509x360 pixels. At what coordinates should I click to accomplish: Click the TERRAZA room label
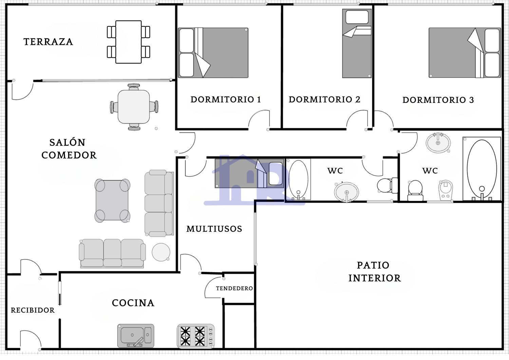pos(48,42)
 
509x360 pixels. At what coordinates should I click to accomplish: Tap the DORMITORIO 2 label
pos(324,100)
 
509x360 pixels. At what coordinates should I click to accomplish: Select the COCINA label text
pos(133,303)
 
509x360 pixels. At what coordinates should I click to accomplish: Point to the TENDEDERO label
pos(234,288)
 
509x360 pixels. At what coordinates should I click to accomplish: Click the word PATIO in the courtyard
pos(373,265)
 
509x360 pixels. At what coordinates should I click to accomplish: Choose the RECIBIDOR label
pos(33,310)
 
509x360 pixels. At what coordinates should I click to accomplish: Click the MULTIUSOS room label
pos(214,229)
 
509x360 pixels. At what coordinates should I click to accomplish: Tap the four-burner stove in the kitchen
pos(196,336)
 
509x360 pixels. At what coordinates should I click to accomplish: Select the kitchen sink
pos(136,336)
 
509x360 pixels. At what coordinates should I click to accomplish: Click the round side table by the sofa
pos(161,252)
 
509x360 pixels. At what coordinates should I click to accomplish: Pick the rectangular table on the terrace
pos(128,42)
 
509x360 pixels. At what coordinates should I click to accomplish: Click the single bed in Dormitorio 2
pos(357,43)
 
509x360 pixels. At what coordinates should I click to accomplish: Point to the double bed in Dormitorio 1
pos(213,53)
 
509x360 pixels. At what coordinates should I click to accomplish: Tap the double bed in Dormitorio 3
pos(465,53)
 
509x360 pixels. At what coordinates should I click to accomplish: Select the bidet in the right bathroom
pos(445,190)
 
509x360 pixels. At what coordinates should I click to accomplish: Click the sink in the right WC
pos(438,143)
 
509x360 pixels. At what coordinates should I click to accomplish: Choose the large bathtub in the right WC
pos(482,169)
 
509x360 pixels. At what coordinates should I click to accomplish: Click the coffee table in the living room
pos(112,200)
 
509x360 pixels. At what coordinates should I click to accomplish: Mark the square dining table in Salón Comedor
pos(134,107)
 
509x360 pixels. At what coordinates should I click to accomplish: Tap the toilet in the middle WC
pos(387,185)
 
